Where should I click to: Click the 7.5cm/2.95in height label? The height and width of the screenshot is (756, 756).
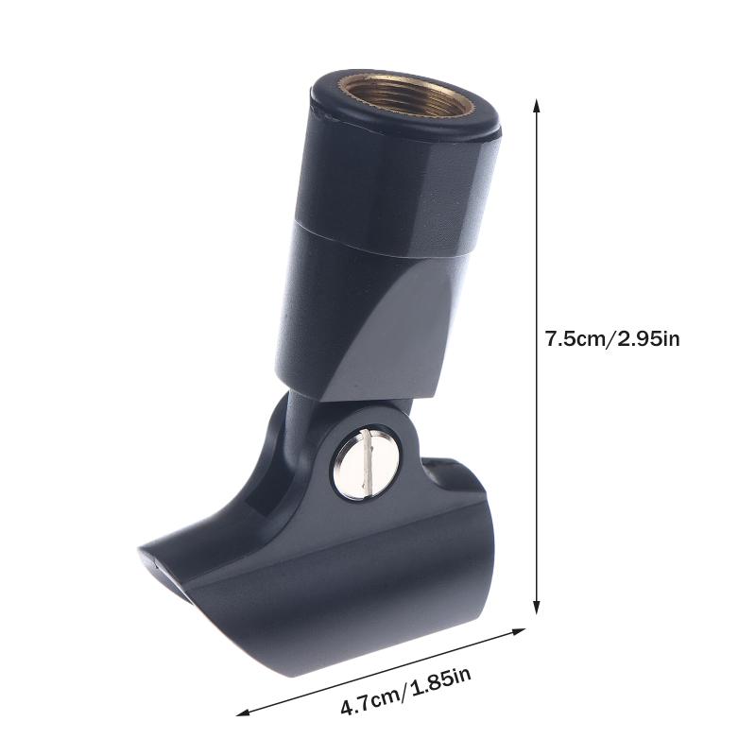(611, 338)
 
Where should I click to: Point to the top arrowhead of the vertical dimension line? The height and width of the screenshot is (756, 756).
(538, 103)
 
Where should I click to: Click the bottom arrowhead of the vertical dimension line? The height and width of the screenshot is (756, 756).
(538, 610)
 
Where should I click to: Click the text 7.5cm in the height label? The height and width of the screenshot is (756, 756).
(576, 338)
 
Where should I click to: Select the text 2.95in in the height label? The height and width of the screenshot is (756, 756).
(648, 338)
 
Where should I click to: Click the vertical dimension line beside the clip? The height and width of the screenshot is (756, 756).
(538, 236)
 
